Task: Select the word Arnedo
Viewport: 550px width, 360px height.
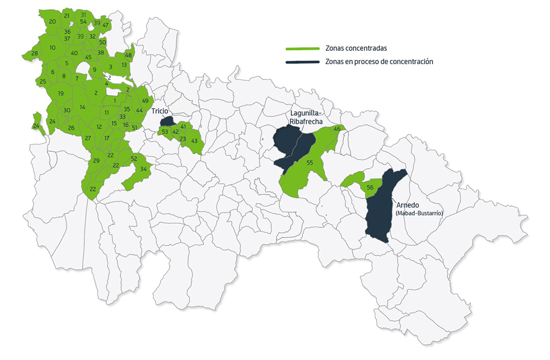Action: [408, 205]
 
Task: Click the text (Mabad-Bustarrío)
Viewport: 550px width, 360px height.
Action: [419, 214]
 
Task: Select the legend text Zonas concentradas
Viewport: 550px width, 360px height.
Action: [356, 48]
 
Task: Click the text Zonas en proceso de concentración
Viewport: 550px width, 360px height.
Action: [379, 62]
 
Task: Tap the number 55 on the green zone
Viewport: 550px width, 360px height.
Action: [310, 163]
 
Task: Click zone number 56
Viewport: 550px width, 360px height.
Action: [370, 188]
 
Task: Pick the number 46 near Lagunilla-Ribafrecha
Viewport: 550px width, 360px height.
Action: [337, 129]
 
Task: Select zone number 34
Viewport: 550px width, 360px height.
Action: [143, 169]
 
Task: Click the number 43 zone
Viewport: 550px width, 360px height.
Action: [194, 141]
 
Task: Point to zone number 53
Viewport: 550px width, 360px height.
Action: [165, 131]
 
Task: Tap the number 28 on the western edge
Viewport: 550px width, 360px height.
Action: [35, 54]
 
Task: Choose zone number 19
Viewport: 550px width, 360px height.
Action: [61, 94]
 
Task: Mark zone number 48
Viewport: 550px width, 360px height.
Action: [129, 55]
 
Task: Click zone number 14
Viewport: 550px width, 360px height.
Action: [82, 107]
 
